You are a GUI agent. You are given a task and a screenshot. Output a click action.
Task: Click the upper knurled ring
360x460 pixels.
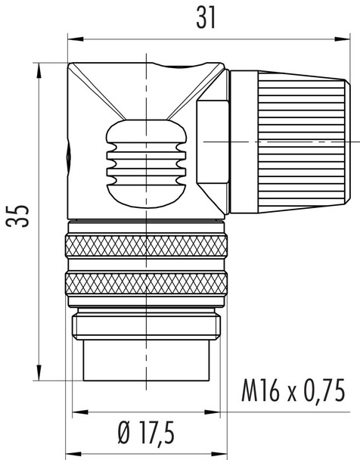tap(146, 245)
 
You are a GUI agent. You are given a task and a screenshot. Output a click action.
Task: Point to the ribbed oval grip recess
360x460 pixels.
tap(145, 160)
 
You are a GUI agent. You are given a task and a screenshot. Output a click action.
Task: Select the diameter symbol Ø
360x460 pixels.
tap(126, 434)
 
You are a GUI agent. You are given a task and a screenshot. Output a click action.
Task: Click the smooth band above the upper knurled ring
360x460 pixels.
tap(146, 226)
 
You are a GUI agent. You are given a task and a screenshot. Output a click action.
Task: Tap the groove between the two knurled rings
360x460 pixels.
tap(146, 264)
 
